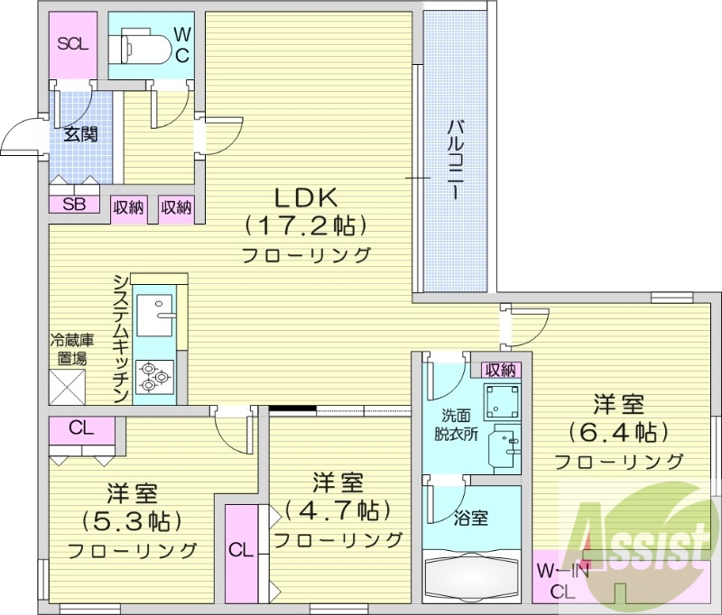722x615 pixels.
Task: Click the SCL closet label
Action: click(72, 43)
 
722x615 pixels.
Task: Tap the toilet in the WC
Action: click(140, 42)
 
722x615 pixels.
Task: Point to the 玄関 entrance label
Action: click(80, 134)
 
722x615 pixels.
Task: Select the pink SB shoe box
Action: click(74, 205)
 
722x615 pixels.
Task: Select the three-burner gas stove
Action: click(154, 375)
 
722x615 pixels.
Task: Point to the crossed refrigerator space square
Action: click(68, 387)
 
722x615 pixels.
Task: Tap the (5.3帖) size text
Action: click(132, 521)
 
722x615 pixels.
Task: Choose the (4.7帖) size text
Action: click(338, 510)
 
